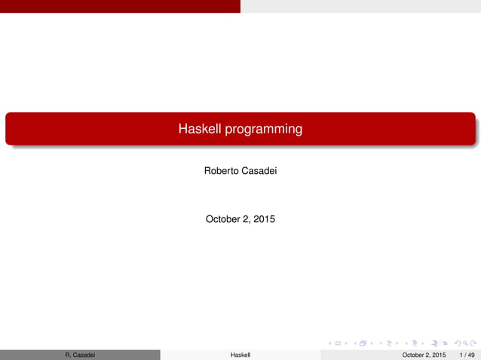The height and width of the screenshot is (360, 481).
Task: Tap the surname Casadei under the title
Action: tap(259, 172)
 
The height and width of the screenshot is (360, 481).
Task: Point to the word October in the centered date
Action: tap(224, 220)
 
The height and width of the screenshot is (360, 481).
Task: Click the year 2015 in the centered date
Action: tap(264, 220)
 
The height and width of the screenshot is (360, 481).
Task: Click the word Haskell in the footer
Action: tap(240, 354)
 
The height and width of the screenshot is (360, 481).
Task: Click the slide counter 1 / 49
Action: tap(467, 354)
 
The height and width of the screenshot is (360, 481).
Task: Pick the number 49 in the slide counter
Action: tap(471, 354)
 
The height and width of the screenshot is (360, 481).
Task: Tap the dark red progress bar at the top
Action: tap(120, 6)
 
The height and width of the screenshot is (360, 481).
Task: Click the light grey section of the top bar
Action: tap(360, 6)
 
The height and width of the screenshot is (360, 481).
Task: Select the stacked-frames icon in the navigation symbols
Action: tap(363, 344)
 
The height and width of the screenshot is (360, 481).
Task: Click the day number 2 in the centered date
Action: tap(247, 220)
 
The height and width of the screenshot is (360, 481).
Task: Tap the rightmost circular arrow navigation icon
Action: tap(473, 344)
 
